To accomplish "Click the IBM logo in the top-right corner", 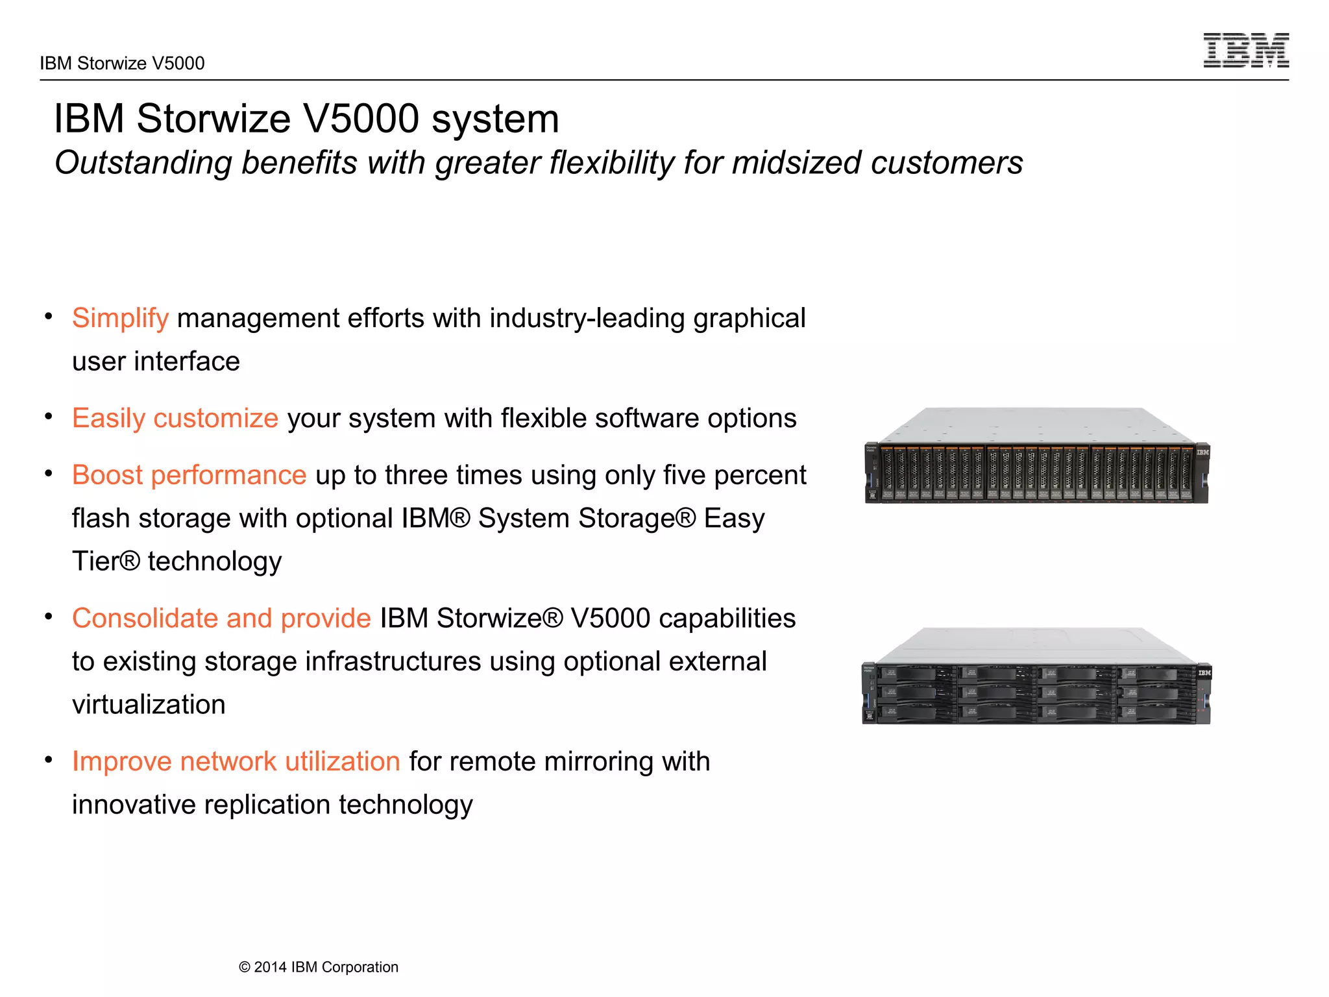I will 1245,51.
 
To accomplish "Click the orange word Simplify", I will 120,319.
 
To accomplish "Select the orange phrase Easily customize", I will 175,419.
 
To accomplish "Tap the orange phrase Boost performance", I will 189,476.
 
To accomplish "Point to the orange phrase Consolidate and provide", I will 221,619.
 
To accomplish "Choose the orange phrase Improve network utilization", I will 236,762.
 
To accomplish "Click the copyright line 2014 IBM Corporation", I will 319,967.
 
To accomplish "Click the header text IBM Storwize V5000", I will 122,64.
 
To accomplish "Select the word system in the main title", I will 494,119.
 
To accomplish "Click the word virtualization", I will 149,705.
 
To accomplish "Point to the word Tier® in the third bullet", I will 106,561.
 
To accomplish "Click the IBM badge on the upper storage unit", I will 1202,452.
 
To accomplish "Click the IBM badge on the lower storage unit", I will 1204,673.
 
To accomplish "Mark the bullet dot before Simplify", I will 49,317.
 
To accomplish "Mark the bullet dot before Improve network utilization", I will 49,760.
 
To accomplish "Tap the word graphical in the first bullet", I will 749,319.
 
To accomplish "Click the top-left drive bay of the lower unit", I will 915,675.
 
